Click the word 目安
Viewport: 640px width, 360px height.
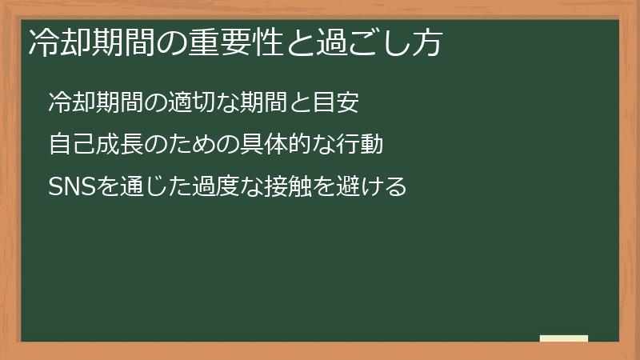tap(346, 102)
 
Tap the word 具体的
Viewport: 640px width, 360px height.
tap(273, 145)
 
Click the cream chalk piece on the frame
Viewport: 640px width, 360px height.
tap(564, 338)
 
